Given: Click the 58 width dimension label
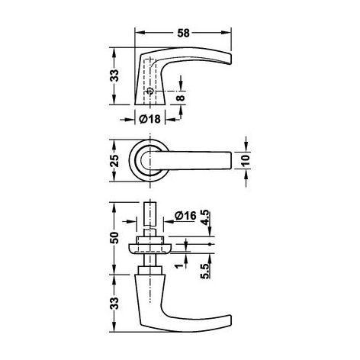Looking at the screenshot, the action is tap(183, 33).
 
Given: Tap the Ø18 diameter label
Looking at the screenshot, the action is tap(150, 119).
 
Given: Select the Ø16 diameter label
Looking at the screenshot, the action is tap(185, 216).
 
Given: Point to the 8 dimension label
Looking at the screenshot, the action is tap(181, 98).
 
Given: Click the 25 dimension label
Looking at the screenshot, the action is tap(115, 160).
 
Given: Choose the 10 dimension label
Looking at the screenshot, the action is tap(246, 160).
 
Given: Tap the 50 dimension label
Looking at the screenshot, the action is tap(115, 238).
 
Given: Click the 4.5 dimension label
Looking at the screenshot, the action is tap(205, 217).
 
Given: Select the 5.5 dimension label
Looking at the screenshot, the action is tap(205, 272).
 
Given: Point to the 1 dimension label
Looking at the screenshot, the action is tap(179, 266).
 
